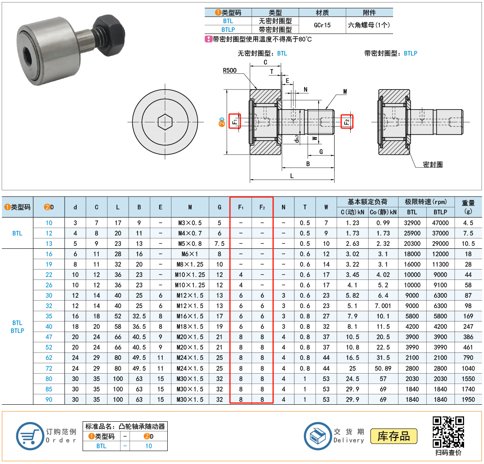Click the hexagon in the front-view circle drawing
(x=165, y=122)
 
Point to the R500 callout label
(x=230, y=70)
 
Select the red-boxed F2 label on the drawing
(x=347, y=121)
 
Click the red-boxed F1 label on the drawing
(x=235, y=121)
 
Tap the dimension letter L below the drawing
(x=292, y=176)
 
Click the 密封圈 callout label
(x=433, y=164)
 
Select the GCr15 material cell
(x=322, y=25)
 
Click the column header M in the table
(x=190, y=207)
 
